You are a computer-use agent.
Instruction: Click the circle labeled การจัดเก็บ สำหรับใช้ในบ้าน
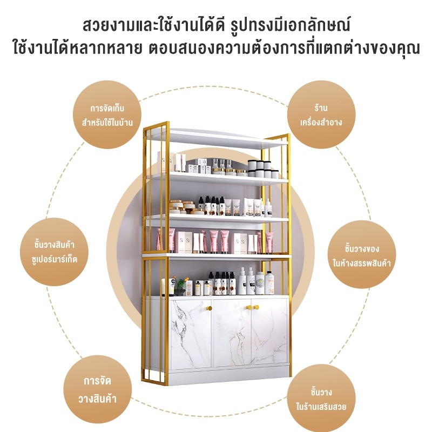pos(107,114)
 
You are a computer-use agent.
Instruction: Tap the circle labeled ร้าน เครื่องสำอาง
pos(321,114)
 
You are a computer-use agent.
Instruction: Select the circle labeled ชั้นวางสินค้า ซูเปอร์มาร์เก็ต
pos(54,252)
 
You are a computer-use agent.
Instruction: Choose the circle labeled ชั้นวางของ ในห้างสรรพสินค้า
pos(362,254)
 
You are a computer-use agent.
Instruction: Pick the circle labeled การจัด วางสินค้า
pos(98,389)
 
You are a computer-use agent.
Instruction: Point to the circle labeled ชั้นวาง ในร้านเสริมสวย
pos(321,399)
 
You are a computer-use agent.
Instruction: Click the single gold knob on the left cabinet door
pos(209,308)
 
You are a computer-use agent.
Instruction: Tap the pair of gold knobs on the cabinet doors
pos(253,307)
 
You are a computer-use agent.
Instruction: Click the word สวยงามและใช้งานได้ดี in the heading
pos(154,25)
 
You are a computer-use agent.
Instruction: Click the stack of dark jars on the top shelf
pos(263,168)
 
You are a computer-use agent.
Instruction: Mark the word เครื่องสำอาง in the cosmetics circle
pos(321,122)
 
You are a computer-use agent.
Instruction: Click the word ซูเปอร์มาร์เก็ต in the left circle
pos(55,259)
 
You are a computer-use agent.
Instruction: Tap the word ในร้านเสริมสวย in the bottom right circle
pos(321,407)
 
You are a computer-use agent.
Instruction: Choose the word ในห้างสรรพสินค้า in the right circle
pos(362,263)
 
